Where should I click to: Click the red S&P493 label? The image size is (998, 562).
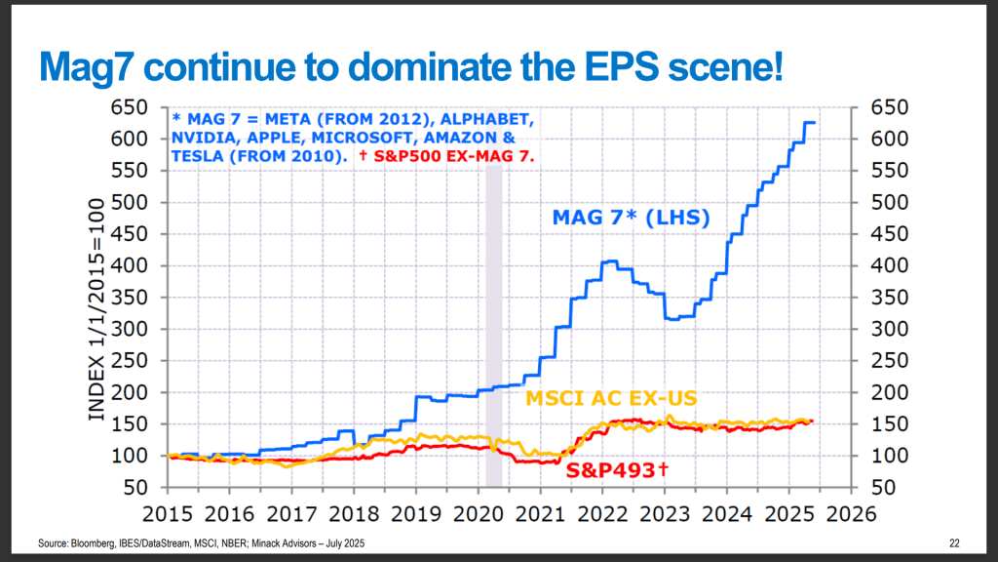(617, 471)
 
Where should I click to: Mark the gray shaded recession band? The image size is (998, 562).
(493, 322)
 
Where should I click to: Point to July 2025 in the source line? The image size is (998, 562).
(349, 542)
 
